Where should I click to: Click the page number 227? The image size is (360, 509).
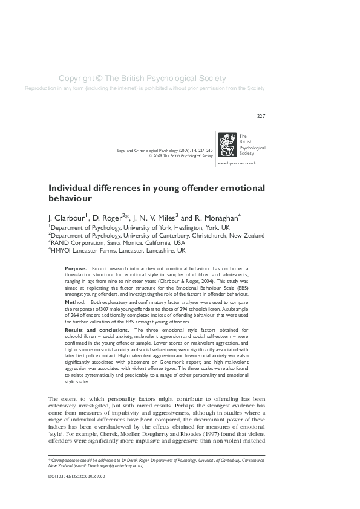261,116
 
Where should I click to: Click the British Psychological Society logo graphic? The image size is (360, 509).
227,144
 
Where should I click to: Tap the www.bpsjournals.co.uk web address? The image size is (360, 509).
237,163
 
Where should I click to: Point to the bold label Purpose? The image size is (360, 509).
75,267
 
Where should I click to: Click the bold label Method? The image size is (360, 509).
74,301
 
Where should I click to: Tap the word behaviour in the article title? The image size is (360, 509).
70,198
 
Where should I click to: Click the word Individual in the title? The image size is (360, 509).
70,188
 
